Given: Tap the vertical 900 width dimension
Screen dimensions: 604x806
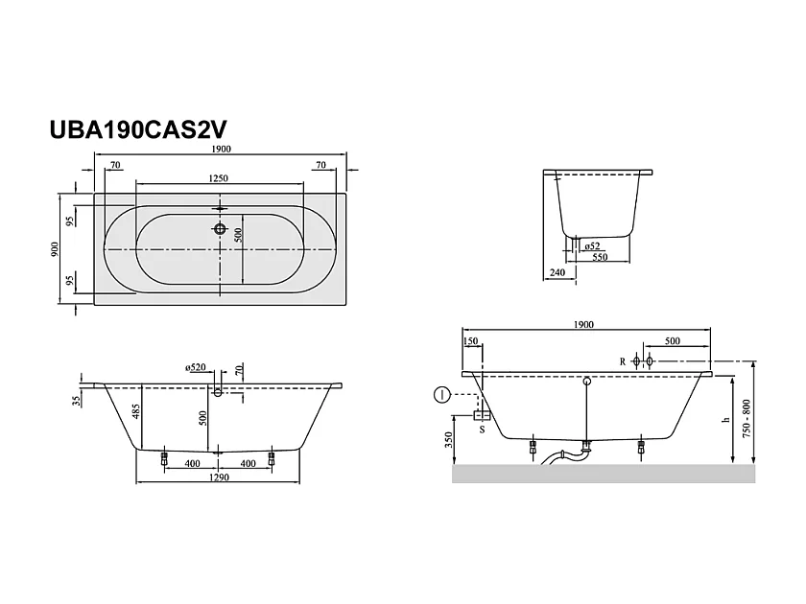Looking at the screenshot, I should click(57, 249).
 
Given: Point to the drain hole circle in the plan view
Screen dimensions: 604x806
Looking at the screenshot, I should click(222, 230).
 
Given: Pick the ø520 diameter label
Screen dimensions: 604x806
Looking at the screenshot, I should click(198, 367).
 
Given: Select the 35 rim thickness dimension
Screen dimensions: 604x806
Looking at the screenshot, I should click(77, 402).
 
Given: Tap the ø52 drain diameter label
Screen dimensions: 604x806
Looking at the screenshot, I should click(592, 246).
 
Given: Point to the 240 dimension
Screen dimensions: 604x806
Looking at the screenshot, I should click(557, 273).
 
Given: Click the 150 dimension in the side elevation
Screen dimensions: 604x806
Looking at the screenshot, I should click(470, 341).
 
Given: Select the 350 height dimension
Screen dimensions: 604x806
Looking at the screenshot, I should click(448, 440).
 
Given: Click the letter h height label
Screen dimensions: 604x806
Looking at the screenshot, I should click(726, 419).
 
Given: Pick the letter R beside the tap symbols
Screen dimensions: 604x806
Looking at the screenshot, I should click(623, 361).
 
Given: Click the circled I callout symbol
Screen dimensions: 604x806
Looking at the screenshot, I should click(440, 394).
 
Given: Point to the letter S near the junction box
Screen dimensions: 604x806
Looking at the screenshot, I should click(482, 430).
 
